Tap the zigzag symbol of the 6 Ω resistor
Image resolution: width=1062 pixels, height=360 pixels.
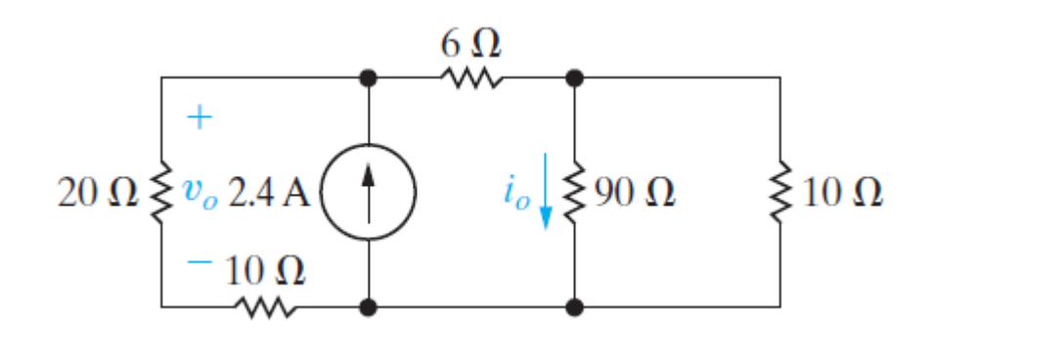[x=471, y=76]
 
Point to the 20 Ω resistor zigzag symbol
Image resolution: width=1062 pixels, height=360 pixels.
[x=161, y=192]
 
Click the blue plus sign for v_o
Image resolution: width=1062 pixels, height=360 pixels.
[x=199, y=118]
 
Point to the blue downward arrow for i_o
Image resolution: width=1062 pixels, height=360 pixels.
[x=546, y=196]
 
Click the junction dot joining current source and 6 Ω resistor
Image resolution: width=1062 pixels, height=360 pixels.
[x=369, y=76]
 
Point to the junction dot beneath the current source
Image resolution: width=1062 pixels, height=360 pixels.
[x=369, y=307]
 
